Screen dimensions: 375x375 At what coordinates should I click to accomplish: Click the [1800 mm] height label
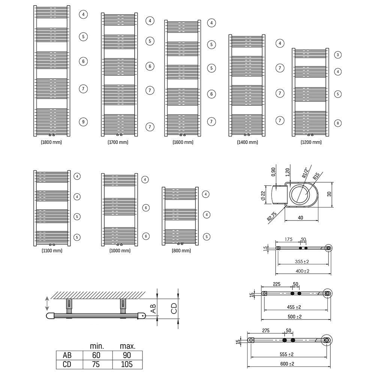[51, 142]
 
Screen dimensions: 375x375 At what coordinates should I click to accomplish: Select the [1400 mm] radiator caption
[247, 142]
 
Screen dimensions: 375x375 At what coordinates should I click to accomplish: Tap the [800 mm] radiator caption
[181, 251]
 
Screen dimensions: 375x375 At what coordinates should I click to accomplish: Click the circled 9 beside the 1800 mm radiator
[83, 121]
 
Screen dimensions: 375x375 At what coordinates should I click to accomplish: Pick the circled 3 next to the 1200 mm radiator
[338, 55]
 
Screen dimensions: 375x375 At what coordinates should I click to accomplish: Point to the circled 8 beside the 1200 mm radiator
[338, 123]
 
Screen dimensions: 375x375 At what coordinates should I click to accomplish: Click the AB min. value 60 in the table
[96, 355]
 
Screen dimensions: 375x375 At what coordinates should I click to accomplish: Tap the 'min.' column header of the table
[96, 346]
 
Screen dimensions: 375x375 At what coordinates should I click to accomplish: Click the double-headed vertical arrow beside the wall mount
[47, 303]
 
